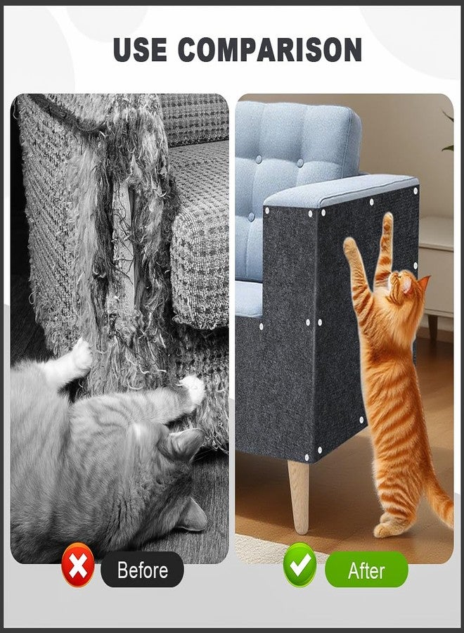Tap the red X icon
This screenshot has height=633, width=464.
point(77,568)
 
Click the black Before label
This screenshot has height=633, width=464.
point(142,569)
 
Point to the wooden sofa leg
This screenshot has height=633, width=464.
point(298,497)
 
